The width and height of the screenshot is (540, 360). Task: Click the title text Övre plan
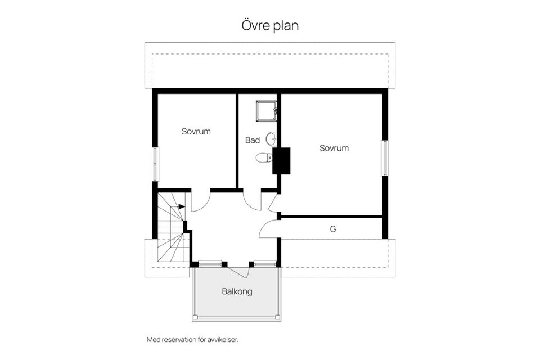click(x=269, y=26)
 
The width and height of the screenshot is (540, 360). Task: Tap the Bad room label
click(x=253, y=140)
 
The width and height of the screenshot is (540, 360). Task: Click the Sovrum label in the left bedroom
click(x=196, y=132)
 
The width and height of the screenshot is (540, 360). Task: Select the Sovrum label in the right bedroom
click(x=334, y=148)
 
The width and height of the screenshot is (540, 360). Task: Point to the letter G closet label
click(x=333, y=229)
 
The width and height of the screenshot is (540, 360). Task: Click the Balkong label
click(x=237, y=292)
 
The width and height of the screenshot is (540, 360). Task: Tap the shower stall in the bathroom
click(x=265, y=111)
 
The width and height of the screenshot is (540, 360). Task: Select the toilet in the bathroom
click(x=263, y=158)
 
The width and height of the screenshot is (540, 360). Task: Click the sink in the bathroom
click(x=271, y=138)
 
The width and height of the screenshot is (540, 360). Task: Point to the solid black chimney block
click(x=281, y=160)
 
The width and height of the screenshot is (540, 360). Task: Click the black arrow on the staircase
click(x=181, y=206)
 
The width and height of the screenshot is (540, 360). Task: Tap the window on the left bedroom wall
click(x=155, y=164)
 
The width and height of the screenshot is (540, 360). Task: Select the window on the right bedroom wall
click(x=385, y=158)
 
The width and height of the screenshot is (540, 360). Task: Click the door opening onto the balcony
click(x=240, y=271)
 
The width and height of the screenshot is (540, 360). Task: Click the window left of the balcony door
click(x=210, y=263)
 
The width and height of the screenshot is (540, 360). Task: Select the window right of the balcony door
click(x=264, y=263)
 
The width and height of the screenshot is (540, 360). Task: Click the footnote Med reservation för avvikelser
click(x=196, y=340)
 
